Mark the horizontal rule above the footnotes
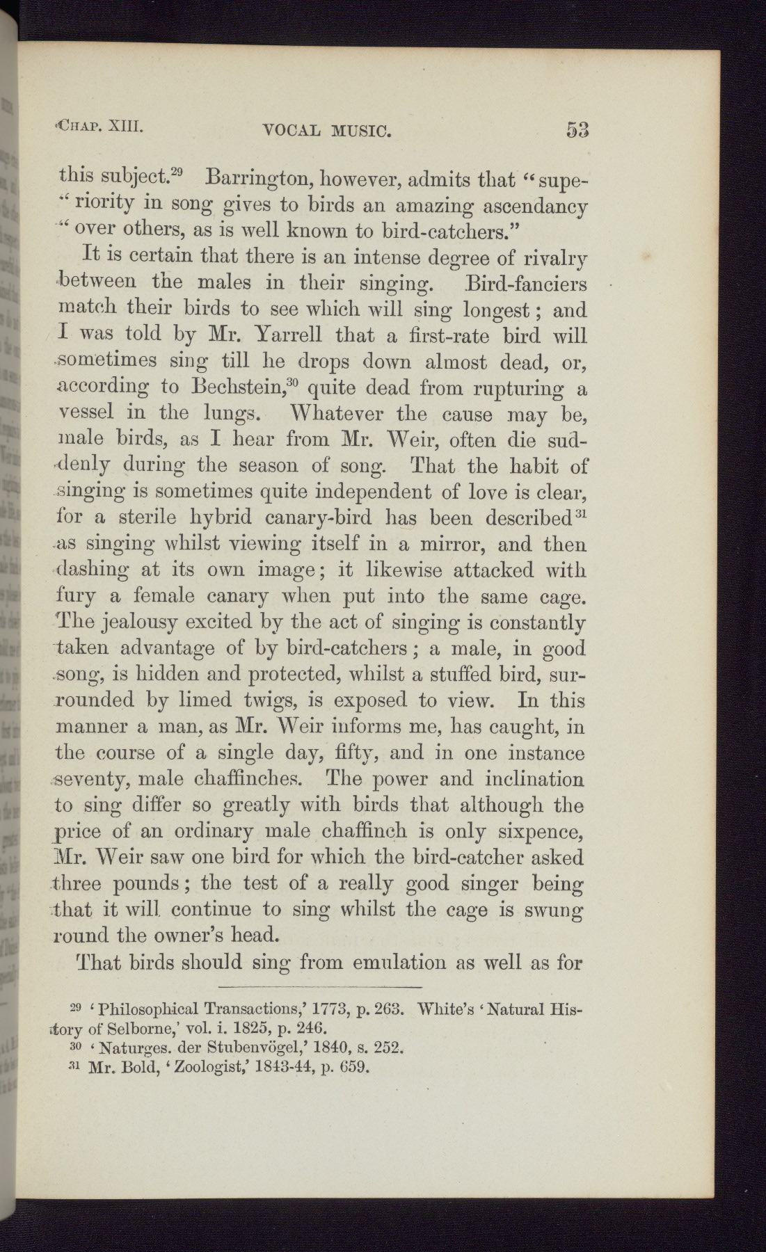[320, 987]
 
